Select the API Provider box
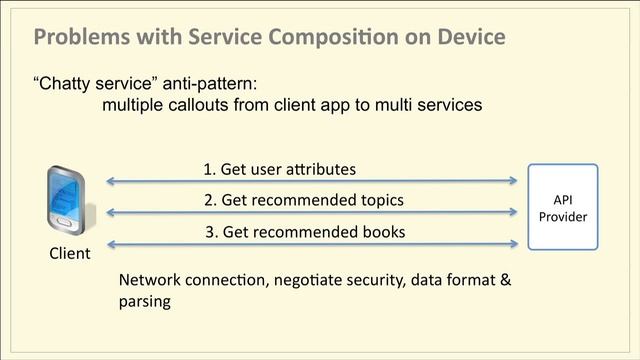(x=563, y=207)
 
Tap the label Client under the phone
(x=69, y=253)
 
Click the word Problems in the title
(x=79, y=38)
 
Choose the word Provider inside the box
(x=563, y=217)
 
